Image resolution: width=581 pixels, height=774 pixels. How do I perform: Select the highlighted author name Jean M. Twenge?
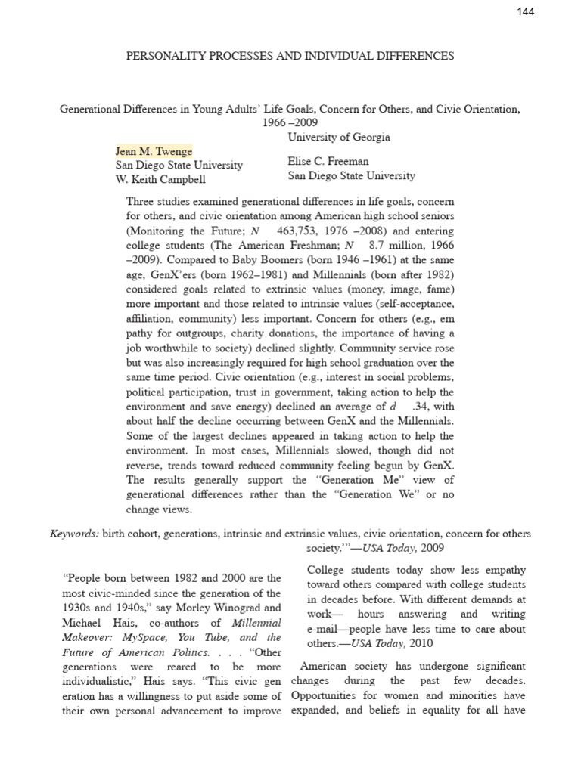pos(154,150)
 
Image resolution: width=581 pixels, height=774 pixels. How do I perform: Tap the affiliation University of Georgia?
pos(339,137)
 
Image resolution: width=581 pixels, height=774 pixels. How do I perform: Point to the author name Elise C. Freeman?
pos(329,161)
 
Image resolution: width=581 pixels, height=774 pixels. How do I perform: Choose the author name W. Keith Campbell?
pos(160,179)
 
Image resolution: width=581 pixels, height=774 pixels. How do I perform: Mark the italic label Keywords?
pos(75,533)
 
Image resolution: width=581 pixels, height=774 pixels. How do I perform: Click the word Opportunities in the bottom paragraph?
pos(327,695)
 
